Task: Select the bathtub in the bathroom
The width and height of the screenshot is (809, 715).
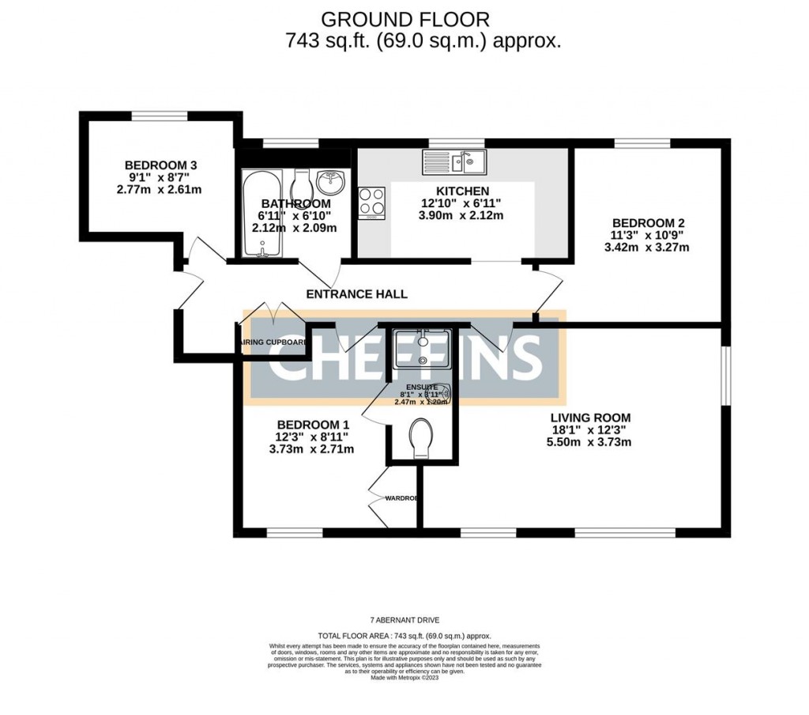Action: (260, 214)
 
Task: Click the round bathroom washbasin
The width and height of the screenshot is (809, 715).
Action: (330, 183)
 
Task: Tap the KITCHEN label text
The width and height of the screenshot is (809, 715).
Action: (463, 191)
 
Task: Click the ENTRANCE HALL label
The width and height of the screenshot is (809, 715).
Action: (356, 294)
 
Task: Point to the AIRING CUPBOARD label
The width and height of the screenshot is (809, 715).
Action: (273, 342)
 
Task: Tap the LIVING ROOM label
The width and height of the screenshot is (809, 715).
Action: (591, 417)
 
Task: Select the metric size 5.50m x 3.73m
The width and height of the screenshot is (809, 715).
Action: (591, 441)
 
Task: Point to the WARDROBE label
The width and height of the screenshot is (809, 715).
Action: (401, 498)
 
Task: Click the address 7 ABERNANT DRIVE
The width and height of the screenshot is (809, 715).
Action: (404, 620)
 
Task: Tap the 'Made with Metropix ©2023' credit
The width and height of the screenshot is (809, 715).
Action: (404, 678)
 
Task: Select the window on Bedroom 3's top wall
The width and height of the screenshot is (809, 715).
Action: (159, 116)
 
